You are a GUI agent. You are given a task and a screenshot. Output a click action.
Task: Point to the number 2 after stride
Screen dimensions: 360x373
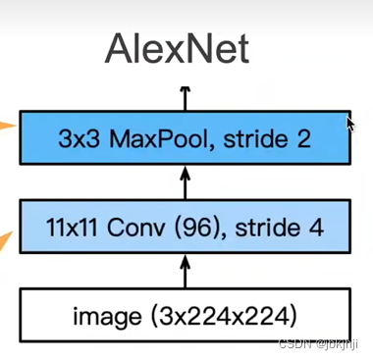pos(302,138)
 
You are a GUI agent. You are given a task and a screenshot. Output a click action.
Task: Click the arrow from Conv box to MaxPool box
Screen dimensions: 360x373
pos(183,182)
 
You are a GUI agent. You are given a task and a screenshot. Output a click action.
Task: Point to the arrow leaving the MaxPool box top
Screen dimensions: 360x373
pos(183,96)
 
